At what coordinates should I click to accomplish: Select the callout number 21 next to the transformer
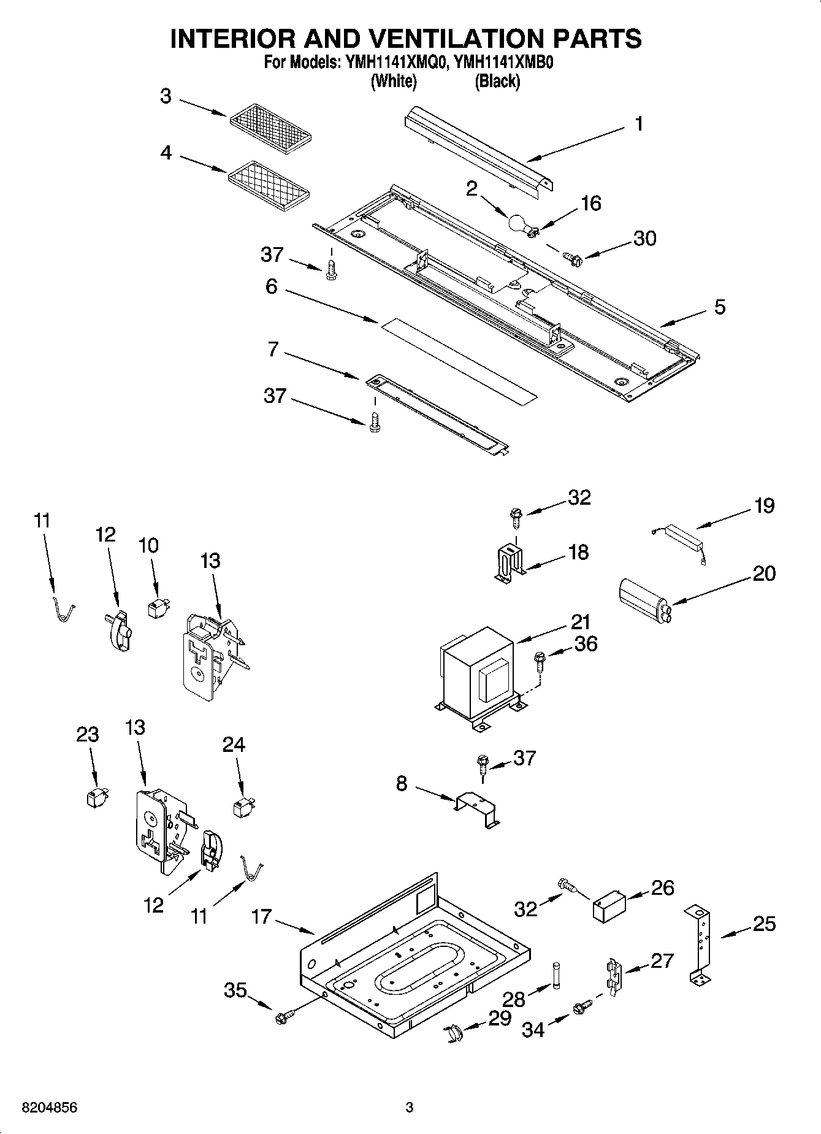[x=580, y=622]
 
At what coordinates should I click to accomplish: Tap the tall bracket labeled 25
[x=701, y=944]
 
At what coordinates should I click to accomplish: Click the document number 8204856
[x=49, y=1108]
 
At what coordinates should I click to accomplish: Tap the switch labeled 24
[x=243, y=806]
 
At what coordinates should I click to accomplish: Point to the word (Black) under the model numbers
[x=497, y=81]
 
